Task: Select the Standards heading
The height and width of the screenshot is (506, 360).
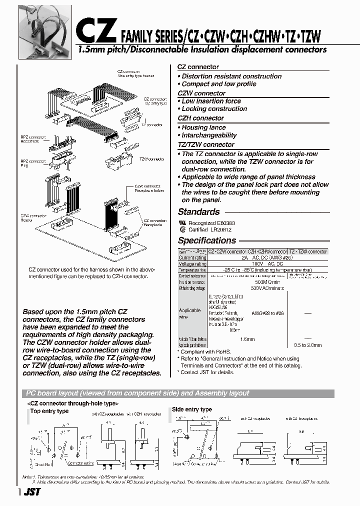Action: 198,212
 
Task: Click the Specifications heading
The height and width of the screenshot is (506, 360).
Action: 206,240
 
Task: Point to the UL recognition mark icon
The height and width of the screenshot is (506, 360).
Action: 182,222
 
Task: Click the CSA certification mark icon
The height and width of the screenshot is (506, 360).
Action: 182,229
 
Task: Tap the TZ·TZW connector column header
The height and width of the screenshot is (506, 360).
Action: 308,251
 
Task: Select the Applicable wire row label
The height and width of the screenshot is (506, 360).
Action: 190,313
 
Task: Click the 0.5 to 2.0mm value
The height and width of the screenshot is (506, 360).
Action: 308,345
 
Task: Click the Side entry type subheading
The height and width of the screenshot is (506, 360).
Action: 192,409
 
